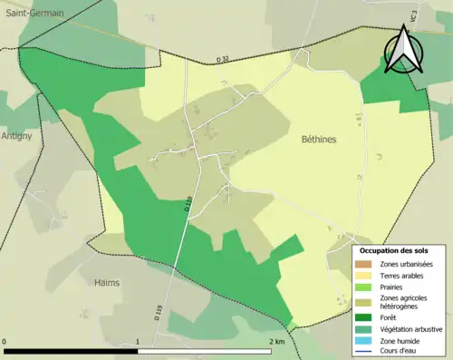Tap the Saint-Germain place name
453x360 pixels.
(34, 14)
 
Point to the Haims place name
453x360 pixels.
(107, 282)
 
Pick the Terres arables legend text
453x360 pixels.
(405, 275)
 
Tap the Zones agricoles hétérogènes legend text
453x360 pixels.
(403, 302)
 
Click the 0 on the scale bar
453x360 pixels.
(5, 342)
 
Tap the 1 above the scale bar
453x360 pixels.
(137, 342)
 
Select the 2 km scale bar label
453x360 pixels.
(276, 342)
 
